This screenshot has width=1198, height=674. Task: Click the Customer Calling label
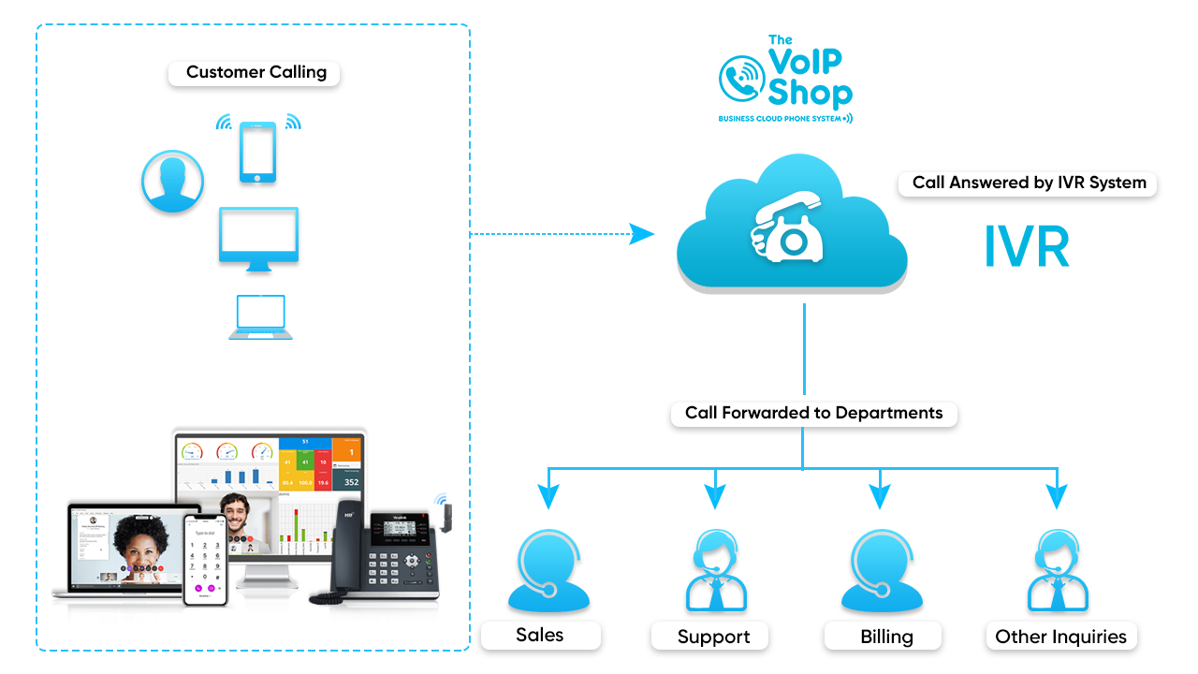(x=255, y=73)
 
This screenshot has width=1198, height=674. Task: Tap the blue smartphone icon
(x=258, y=152)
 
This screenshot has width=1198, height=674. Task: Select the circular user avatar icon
(x=172, y=182)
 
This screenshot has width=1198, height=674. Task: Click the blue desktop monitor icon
(x=258, y=238)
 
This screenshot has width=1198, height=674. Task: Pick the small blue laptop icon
(x=260, y=317)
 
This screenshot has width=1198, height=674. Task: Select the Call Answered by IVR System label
(x=1028, y=183)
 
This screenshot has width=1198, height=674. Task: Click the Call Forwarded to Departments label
(x=813, y=414)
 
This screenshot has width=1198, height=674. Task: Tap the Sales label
(x=540, y=636)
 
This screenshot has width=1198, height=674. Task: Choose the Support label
(x=713, y=637)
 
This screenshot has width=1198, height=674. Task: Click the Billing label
(x=885, y=637)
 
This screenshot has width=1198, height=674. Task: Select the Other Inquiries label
(x=1059, y=637)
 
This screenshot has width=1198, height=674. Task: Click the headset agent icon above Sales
(x=548, y=571)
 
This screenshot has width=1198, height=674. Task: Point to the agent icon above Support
(x=716, y=571)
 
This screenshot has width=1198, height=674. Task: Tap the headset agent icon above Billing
(x=882, y=571)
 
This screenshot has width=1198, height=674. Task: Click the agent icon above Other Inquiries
(x=1058, y=571)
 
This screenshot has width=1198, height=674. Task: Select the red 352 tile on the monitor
(x=350, y=482)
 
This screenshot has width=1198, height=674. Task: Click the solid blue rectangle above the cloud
(x=785, y=80)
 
